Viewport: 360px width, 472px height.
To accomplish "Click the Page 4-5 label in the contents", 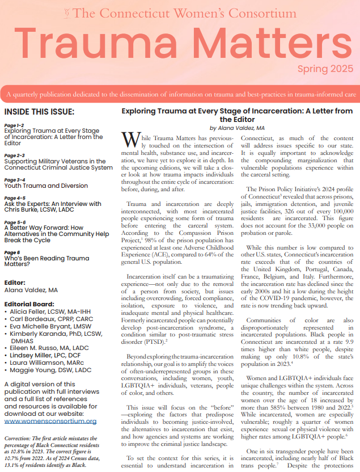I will [15, 197].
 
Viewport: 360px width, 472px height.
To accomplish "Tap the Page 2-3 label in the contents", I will [15, 155].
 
